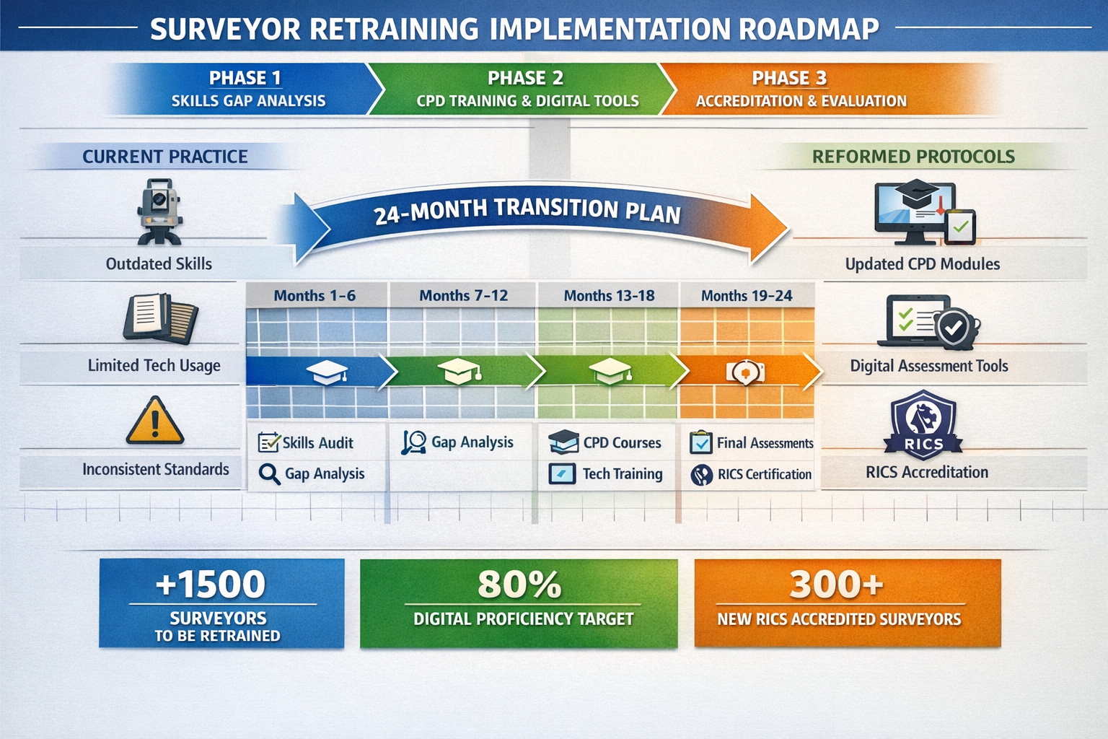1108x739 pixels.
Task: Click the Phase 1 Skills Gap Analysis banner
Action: point(245,89)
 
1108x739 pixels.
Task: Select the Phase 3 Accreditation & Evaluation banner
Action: point(801,89)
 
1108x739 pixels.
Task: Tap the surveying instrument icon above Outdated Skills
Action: point(159,211)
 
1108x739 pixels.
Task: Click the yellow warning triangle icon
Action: point(155,421)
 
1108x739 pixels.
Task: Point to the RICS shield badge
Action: point(923,424)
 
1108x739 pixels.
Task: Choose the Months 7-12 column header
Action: point(463,296)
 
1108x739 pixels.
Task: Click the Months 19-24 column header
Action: point(746,296)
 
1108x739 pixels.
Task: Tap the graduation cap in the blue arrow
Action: point(327,372)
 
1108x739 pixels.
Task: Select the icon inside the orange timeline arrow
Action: point(744,372)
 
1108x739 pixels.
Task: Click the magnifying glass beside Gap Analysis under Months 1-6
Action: point(269,474)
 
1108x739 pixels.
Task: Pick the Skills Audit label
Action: point(317,443)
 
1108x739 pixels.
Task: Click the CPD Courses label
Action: point(622,443)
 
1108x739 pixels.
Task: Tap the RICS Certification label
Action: point(764,474)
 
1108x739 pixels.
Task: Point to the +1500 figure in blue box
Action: point(211,584)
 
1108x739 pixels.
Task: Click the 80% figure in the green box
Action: point(519,584)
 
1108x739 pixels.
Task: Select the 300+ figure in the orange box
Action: point(836,584)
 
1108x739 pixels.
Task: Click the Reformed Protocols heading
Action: point(913,157)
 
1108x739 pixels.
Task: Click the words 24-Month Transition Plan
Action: point(527,211)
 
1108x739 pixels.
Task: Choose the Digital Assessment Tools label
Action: point(928,366)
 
